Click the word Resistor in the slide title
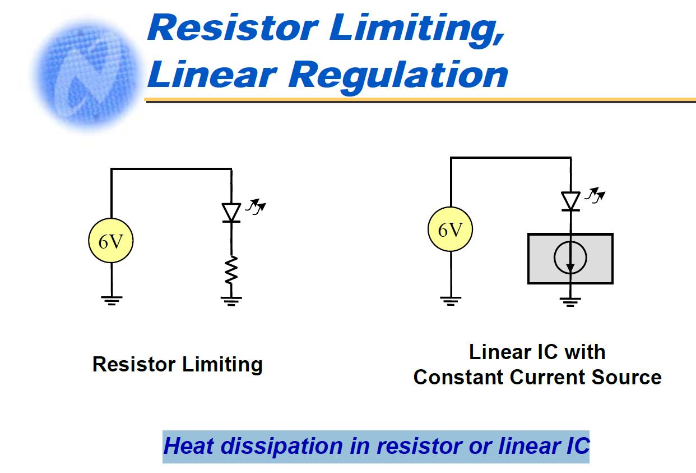point(233,27)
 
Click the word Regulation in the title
point(398,76)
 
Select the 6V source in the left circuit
point(111,241)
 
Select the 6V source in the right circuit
point(450,229)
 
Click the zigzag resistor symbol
point(231,270)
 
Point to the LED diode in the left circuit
point(231,213)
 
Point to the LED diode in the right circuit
point(570,201)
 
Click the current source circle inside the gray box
point(570,258)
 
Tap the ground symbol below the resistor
point(231,301)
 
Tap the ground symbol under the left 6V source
point(112,301)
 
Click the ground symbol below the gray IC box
point(570,302)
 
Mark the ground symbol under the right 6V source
point(451,301)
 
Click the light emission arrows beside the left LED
point(256,206)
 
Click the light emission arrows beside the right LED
point(595,195)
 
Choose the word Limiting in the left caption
point(222,365)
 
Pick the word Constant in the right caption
point(458,377)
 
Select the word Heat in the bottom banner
point(189,446)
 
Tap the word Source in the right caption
point(627,377)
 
